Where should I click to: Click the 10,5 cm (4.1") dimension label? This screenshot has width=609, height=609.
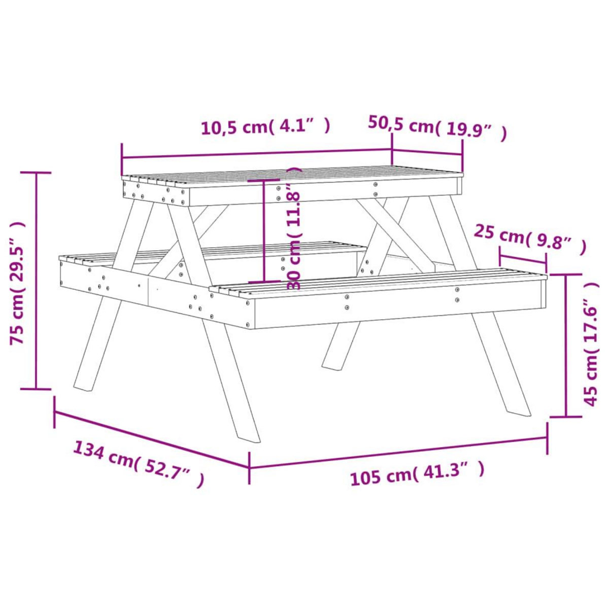point(266,126)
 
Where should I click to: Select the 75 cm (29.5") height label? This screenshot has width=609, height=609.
point(18,282)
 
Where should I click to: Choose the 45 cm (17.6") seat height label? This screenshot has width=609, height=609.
point(592,345)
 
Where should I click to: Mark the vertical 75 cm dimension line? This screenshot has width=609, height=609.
point(36,281)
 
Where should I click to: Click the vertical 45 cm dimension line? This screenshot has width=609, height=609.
point(566,345)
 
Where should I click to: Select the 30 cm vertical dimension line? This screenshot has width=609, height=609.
point(264,231)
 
